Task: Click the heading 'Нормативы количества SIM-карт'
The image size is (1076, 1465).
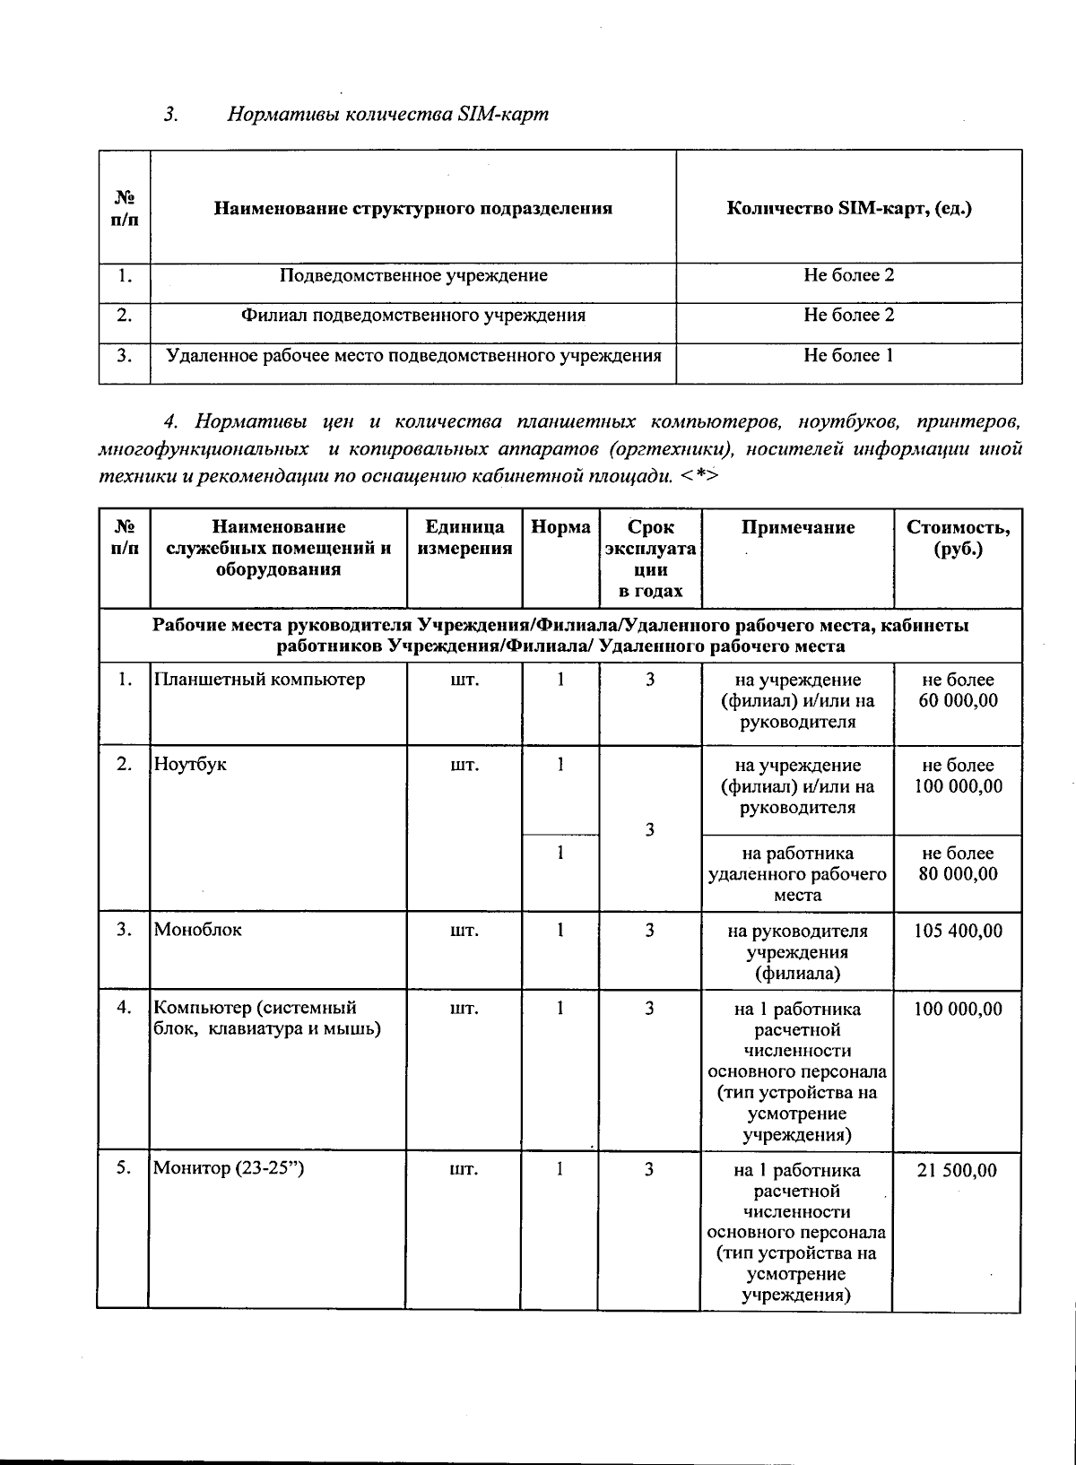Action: pyautogui.click(x=387, y=115)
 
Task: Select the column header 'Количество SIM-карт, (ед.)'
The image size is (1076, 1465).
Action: pyautogui.click(x=848, y=209)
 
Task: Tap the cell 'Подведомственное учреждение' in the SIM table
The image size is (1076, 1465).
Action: pyautogui.click(x=413, y=276)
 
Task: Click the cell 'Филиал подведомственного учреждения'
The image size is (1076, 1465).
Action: pyautogui.click(x=413, y=316)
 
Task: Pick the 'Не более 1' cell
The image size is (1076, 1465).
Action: pyautogui.click(x=848, y=356)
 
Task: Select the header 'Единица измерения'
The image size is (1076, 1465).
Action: pyautogui.click(x=464, y=538)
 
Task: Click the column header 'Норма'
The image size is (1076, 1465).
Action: pyautogui.click(x=560, y=528)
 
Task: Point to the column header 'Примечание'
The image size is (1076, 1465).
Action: pyautogui.click(x=797, y=528)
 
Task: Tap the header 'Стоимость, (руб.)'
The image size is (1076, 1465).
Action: pyautogui.click(x=958, y=538)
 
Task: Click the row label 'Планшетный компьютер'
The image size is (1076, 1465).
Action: pyautogui.click(x=260, y=680)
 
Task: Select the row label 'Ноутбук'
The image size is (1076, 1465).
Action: pyautogui.click(x=191, y=765)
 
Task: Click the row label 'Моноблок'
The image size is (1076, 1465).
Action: pyautogui.click(x=198, y=930)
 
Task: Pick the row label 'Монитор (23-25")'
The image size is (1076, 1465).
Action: pyautogui.click(x=230, y=1169)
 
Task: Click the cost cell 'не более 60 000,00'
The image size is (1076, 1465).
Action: pyautogui.click(x=958, y=690)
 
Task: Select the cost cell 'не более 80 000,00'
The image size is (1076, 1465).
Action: pyautogui.click(x=958, y=863)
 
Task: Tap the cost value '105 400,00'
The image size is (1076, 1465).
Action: pyautogui.click(x=958, y=931)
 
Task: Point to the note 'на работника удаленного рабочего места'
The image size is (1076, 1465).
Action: pyautogui.click(x=797, y=874)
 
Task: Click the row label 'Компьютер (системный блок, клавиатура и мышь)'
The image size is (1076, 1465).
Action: pyautogui.click(x=267, y=1019)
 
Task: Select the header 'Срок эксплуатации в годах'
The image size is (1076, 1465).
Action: pyautogui.click(x=650, y=559)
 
